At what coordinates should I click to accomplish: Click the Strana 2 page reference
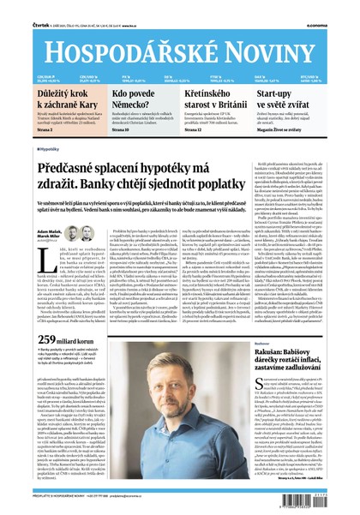(47, 130)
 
